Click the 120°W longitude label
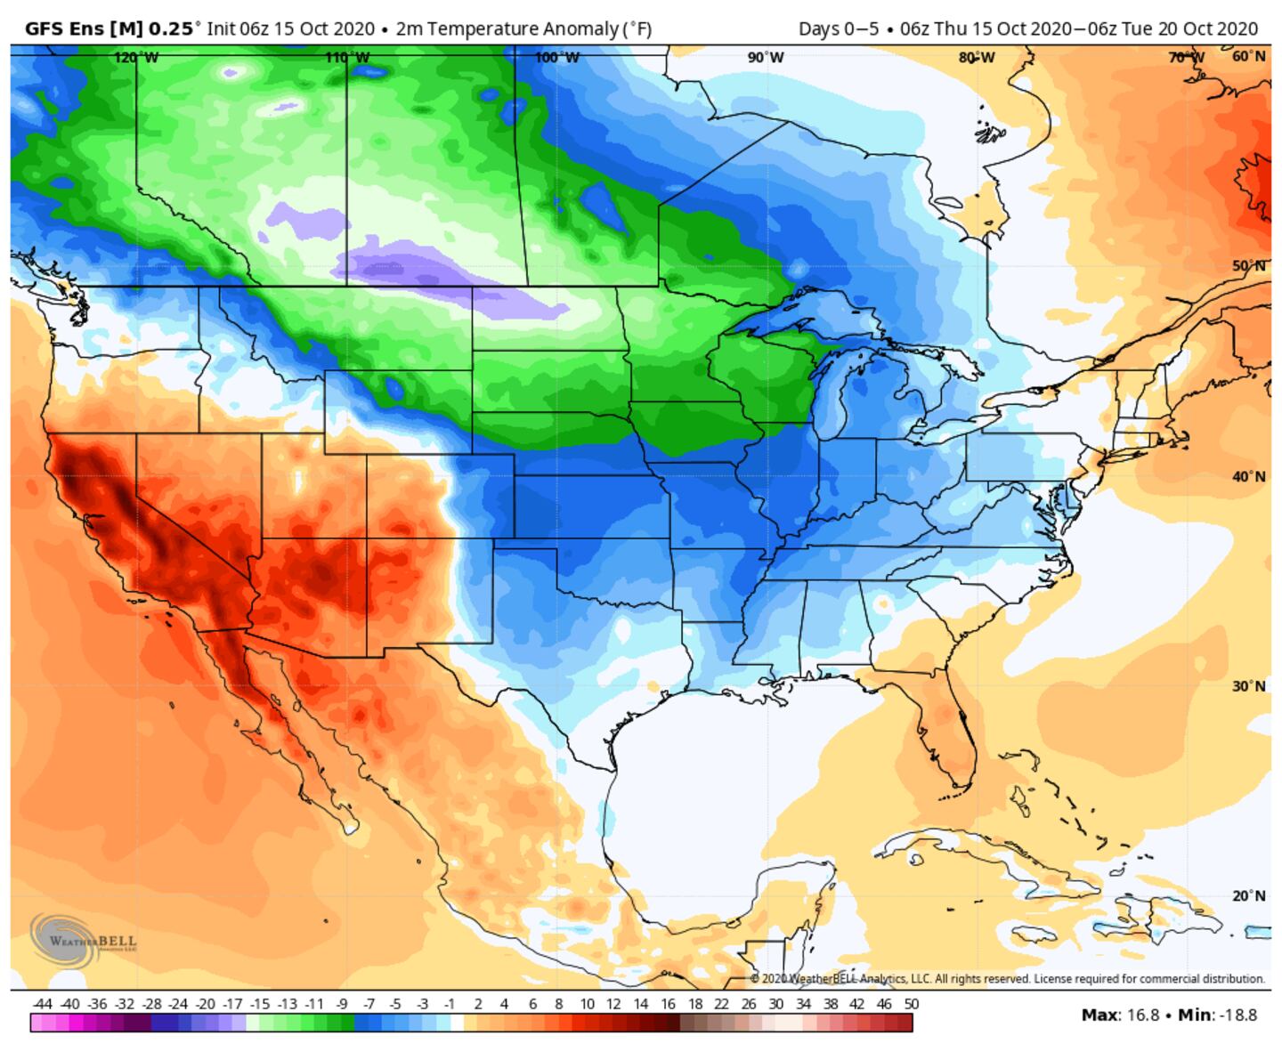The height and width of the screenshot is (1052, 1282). click(x=136, y=58)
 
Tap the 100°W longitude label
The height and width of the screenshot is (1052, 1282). click(x=556, y=58)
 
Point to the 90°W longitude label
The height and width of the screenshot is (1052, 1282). click(x=766, y=58)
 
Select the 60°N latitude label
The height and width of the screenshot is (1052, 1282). click(x=1248, y=56)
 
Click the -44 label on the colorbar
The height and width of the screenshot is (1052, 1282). click(x=41, y=1004)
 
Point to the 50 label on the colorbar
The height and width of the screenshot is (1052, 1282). click(x=910, y=1004)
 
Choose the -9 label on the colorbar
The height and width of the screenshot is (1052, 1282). click(x=341, y=1004)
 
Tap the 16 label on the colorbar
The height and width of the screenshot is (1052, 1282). click(x=667, y=1004)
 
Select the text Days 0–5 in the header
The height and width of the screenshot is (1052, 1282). click(x=838, y=28)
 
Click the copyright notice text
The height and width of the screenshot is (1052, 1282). click(x=1006, y=979)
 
